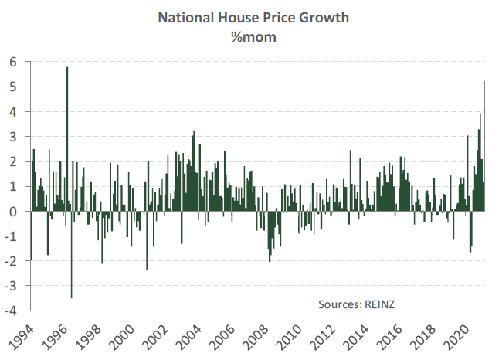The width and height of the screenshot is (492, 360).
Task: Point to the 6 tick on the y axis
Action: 13,62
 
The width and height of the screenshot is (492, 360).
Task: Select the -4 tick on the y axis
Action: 11,311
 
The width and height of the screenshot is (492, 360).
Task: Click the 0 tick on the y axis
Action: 13,212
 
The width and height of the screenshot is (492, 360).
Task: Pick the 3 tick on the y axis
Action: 13,137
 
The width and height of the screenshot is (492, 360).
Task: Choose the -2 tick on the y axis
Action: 11,261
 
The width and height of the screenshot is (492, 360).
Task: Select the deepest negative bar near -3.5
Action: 72,254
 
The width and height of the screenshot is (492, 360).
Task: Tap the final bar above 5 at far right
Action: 484,147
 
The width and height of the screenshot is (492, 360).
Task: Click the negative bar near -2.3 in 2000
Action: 147,240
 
